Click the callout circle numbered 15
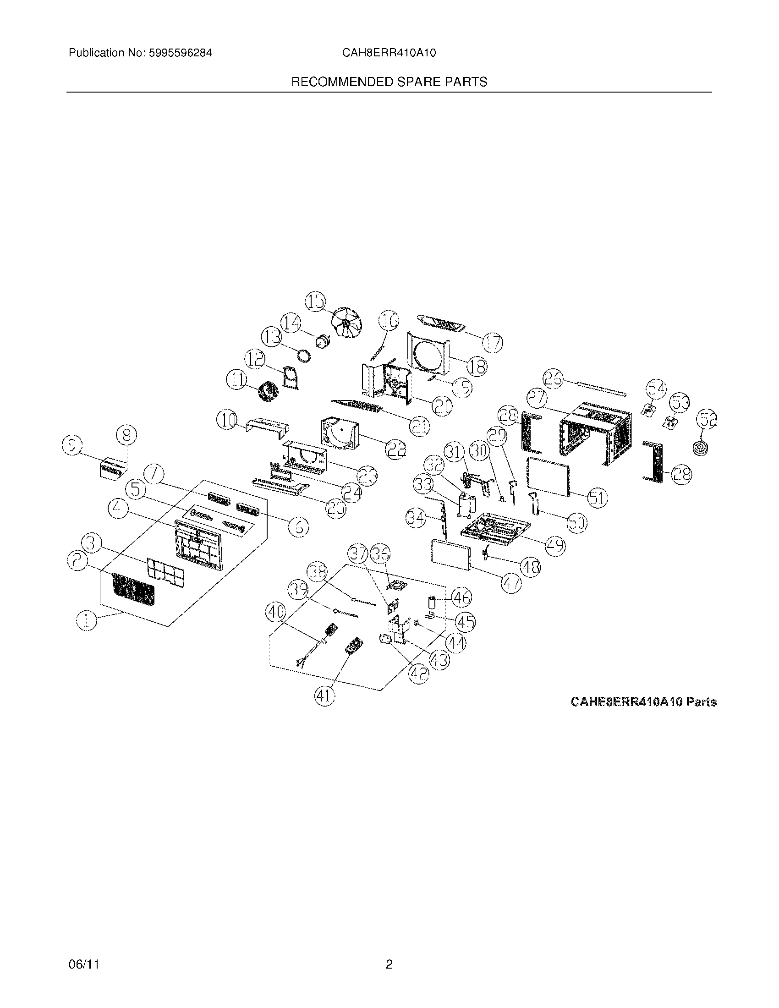click(x=316, y=302)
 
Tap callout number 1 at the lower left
click(x=87, y=621)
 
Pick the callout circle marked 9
click(x=72, y=446)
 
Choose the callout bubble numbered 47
click(x=512, y=583)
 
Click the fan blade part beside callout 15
click(x=347, y=323)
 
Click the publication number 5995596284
click(x=180, y=53)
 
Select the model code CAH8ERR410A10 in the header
click(x=389, y=53)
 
